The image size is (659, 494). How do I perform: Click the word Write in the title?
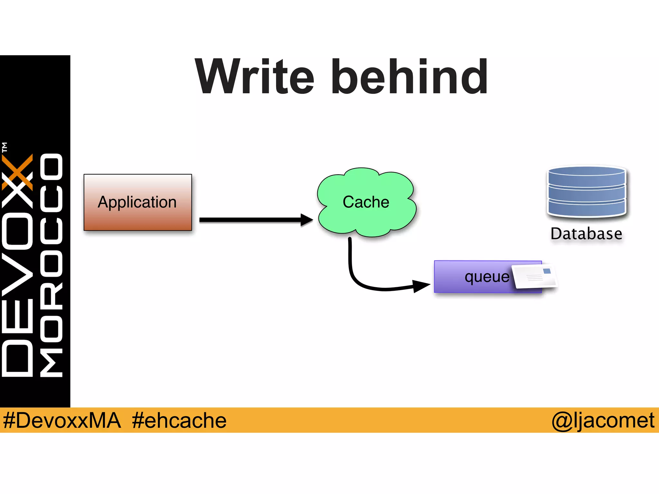click(x=255, y=77)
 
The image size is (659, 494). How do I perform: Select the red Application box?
click(x=138, y=202)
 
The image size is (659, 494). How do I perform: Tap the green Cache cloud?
click(x=366, y=202)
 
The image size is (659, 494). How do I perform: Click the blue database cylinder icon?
click(x=587, y=191)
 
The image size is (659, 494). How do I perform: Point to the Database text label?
click(x=586, y=234)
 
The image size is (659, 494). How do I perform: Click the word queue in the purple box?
click(x=487, y=277)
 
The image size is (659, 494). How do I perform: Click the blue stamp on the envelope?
click(x=547, y=271)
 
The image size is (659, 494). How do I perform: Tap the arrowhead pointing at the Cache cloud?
click(x=306, y=220)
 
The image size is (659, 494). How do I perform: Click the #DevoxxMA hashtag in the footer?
click(x=62, y=420)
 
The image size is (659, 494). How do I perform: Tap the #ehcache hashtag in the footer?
click(x=179, y=420)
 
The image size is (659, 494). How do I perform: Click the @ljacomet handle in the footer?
click(x=603, y=420)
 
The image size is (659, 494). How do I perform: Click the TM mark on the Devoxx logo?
click(x=5, y=147)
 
